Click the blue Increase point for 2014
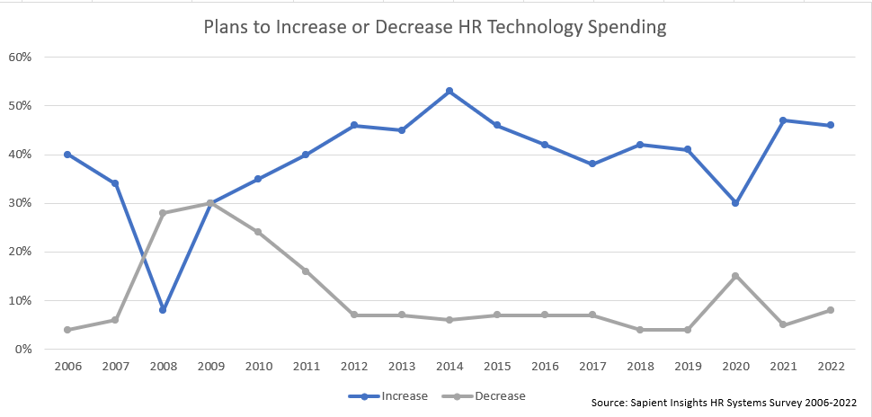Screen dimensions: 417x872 pos(449,91)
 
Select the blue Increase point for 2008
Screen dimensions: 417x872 pos(163,310)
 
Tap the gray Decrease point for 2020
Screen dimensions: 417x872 pos(735,276)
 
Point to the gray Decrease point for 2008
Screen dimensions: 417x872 pos(163,213)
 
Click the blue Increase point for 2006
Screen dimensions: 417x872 pos(67,155)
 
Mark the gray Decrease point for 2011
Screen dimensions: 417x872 pos(306,271)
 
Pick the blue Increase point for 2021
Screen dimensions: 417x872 pos(783,120)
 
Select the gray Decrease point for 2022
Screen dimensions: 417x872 pos(831,310)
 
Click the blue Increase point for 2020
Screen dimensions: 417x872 pos(735,203)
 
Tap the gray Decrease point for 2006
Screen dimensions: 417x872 pos(67,330)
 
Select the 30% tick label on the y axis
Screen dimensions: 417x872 pos(20,203)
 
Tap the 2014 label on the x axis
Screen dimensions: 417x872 pos(449,367)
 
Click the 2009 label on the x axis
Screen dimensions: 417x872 pos(210,367)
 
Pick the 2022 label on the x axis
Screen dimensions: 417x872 pos(831,367)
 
